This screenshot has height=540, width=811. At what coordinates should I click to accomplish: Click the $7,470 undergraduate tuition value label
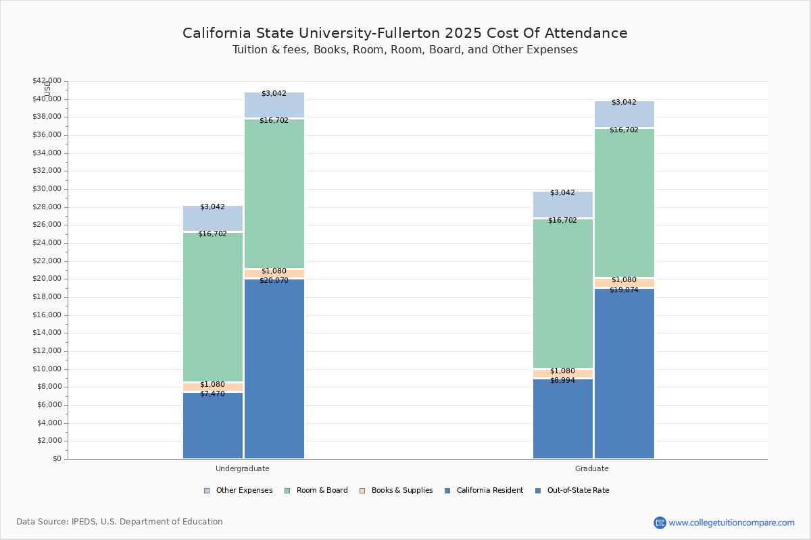(212, 394)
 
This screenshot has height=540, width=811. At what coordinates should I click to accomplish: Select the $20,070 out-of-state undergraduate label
(274, 281)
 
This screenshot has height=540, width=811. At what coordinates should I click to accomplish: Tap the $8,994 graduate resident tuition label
(562, 381)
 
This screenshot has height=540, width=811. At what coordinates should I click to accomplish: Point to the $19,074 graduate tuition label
(624, 290)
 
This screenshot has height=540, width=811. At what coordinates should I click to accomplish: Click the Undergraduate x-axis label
(242, 468)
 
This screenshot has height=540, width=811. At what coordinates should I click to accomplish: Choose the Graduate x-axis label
(592, 468)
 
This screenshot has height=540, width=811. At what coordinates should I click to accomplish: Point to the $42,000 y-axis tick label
(47, 81)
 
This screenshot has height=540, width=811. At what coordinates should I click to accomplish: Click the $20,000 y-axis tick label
(47, 279)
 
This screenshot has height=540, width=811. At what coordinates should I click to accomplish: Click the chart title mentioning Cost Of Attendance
(405, 33)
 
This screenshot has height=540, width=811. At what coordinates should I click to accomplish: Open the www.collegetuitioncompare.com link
(731, 522)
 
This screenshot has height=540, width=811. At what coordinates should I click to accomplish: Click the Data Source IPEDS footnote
(120, 522)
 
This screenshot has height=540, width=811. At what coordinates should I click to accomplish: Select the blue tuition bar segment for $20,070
(274, 371)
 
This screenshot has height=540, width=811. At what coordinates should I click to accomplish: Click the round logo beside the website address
(660, 522)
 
